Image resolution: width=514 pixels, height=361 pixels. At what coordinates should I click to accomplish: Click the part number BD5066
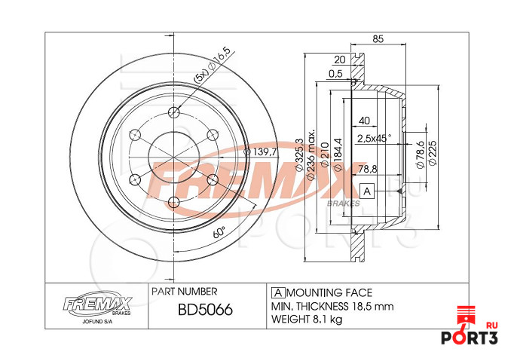point(203,310)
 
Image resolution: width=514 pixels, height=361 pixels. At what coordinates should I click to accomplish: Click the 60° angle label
point(219,233)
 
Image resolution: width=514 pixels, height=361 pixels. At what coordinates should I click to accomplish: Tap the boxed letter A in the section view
point(367,192)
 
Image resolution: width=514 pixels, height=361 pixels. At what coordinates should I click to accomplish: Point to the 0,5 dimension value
point(335,74)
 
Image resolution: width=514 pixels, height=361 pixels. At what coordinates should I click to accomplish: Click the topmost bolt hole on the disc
point(174,113)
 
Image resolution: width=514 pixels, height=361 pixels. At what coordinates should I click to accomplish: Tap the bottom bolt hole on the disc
point(174,201)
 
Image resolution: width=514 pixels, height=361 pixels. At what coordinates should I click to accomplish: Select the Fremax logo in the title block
point(96,305)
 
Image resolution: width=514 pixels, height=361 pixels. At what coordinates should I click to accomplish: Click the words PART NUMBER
point(185,291)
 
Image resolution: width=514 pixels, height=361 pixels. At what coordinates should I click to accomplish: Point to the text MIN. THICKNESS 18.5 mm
point(332,307)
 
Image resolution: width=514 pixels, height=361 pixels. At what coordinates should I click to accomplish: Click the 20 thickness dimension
point(339,60)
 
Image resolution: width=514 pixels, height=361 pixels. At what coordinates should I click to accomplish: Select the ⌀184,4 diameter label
point(337,154)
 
